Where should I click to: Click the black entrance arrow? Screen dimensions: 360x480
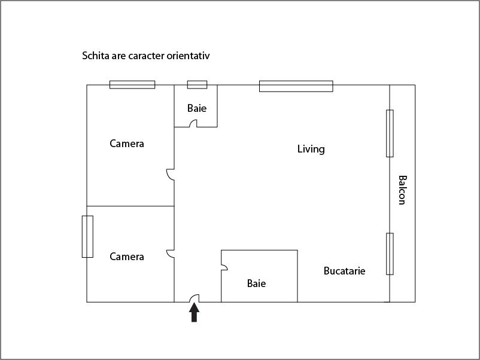click(194, 313)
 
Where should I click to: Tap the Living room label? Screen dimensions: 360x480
click(311, 149)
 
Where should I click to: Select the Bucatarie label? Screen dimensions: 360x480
click(344, 271)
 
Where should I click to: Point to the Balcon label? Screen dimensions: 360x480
click(402, 190)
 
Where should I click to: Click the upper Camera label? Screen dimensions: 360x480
click(127, 144)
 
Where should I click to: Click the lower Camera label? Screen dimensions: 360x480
click(127, 257)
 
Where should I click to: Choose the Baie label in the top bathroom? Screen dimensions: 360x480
click(196, 108)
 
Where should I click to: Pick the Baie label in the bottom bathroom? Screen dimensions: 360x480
click(256, 283)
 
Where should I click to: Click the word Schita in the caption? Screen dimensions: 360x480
click(95, 56)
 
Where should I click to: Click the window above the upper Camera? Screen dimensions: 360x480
click(132, 84)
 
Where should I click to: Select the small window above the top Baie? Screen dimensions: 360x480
click(197, 84)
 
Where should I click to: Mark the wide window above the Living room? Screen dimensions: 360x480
click(296, 86)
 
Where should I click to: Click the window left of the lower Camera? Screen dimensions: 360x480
click(87, 236)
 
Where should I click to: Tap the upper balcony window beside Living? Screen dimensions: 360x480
click(390, 133)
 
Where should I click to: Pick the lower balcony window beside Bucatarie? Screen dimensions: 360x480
click(390, 254)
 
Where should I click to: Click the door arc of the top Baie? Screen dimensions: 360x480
click(193, 124)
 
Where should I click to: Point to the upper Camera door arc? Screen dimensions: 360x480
click(170, 174)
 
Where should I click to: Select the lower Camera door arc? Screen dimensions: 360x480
click(170, 254)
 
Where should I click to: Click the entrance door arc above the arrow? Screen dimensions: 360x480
click(195, 298)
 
